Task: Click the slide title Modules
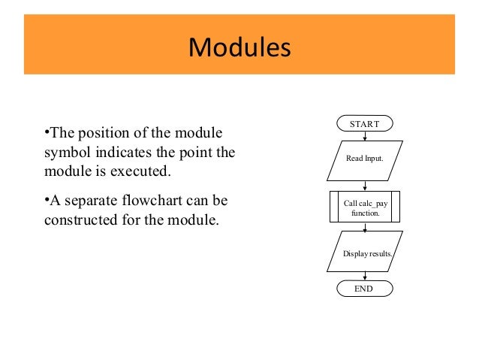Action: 239,47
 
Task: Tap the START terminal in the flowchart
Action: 364,123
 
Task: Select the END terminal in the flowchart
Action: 364,288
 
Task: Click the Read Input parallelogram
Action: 364,159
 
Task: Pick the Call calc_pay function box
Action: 364,207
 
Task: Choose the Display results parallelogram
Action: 365,254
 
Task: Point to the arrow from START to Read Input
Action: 364,136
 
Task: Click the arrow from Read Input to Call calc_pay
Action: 364,185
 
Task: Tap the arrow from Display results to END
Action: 364,276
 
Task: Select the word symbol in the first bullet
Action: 62,153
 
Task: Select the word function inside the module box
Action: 364,213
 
